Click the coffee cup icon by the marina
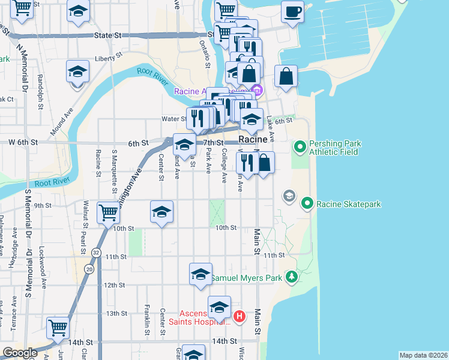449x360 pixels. pyautogui.click(x=292, y=12)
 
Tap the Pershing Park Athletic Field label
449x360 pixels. pyautogui.click(x=333, y=148)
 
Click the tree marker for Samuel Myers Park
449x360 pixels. pyautogui.click(x=292, y=277)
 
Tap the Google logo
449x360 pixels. pyautogui.click(x=20, y=353)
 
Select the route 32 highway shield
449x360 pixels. pyautogui.click(x=95, y=253)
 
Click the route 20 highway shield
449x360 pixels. pyautogui.click(x=89, y=270)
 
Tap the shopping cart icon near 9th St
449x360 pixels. pyautogui.click(x=108, y=212)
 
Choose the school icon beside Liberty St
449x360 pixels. pyautogui.click(x=78, y=72)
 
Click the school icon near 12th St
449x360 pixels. pyautogui.click(x=200, y=274)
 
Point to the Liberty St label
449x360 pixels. pyautogui.click(x=108, y=59)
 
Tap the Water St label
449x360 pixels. pyautogui.click(x=172, y=119)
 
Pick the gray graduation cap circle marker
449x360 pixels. pyautogui.click(x=289, y=196)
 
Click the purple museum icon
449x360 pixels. pyautogui.click(x=258, y=91)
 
